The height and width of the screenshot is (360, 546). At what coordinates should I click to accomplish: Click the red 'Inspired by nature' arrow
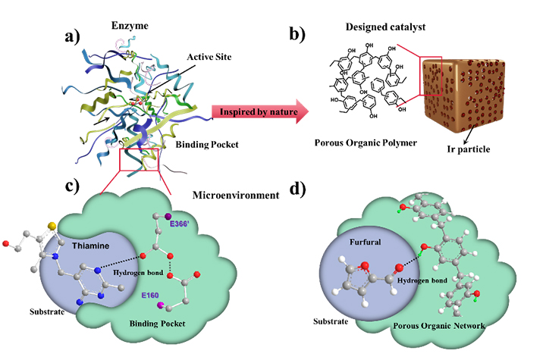pos(258,113)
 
